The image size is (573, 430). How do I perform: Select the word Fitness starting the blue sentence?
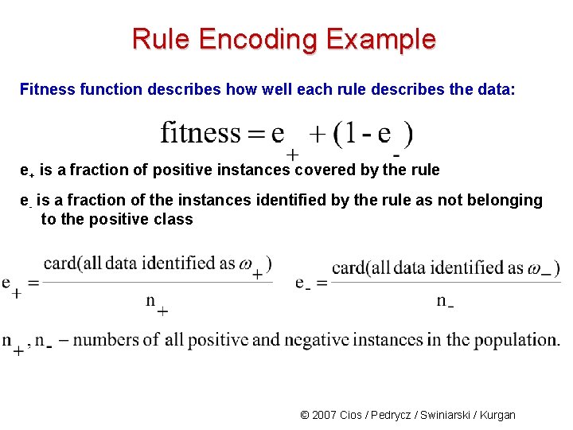coord(47,89)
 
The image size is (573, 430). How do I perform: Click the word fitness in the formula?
coord(200,132)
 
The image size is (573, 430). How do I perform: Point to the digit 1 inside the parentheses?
coord(346,133)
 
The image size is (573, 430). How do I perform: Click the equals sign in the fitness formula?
coord(255,133)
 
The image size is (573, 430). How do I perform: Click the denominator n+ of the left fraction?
coord(156,303)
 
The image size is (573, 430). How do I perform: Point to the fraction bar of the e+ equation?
coord(156,281)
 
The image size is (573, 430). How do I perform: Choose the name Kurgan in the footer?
coord(497,415)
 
